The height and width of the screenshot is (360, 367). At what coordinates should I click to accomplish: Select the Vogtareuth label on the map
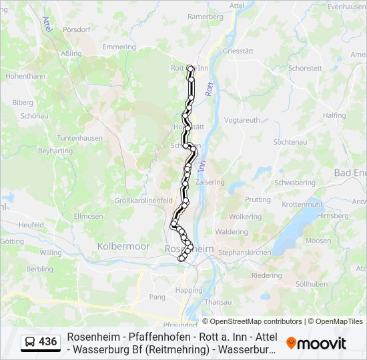[x=242, y=120]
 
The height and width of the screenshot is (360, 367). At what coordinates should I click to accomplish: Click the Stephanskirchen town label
[x=246, y=253]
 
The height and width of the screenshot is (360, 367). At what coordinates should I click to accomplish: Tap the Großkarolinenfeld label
[x=143, y=200]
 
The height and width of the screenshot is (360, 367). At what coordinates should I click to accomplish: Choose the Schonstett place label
[x=306, y=68]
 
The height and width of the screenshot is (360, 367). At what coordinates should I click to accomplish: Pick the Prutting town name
[x=258, y=199]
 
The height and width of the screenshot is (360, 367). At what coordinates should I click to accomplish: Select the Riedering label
[x=266, y=275]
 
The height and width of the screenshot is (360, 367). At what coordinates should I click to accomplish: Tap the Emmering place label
[x=119, y=47]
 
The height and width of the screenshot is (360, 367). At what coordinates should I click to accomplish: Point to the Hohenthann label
[x=25, y=76]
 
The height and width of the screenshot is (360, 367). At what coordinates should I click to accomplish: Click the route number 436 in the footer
[x=47, y=341]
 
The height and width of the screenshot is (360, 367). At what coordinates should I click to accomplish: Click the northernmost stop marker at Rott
[x=190, y=68]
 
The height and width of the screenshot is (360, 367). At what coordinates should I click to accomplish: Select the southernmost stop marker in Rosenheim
[x=181, y=259]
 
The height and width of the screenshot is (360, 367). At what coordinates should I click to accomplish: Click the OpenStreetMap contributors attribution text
[x=252, y=321]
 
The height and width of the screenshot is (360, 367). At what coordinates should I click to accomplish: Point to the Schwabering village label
[x=295, y=182]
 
